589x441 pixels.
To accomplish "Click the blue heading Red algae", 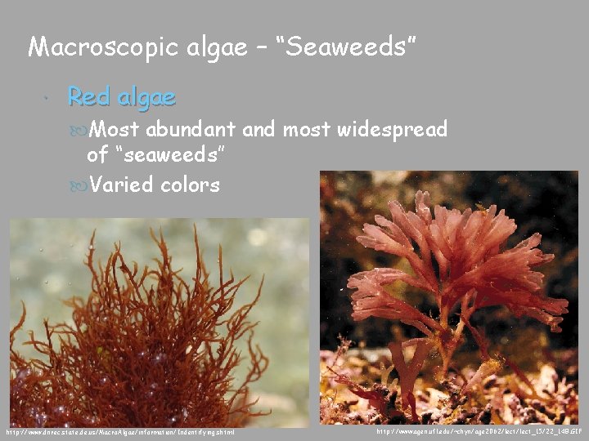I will (121, 97).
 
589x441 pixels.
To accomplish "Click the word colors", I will (190, 185).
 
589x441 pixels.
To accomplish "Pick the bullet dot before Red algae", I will (50, 98).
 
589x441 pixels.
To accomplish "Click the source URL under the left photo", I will (119, 431).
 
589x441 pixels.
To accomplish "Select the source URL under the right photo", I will (479, 430).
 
